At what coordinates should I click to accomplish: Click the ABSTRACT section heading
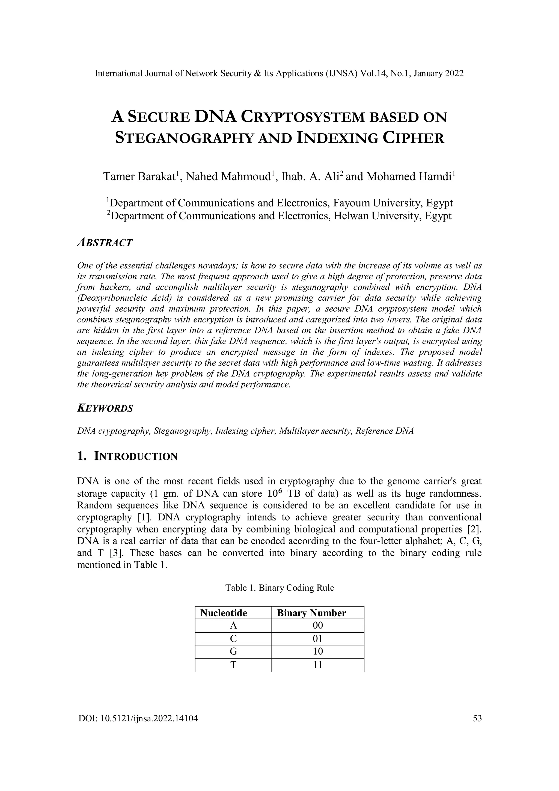point(105,242)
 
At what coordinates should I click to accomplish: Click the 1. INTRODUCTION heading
point(127,457)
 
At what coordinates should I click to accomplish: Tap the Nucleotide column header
point(224,613)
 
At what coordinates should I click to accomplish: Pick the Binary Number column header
point(311,613)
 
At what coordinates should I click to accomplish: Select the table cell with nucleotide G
point(233,652)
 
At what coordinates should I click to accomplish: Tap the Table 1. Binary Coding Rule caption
point(279,588)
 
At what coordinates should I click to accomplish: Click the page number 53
point(477,719)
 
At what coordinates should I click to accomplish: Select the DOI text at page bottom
point(138,719)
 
